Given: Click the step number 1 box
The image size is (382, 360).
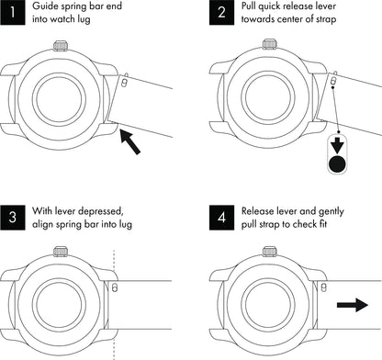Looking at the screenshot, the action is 13,12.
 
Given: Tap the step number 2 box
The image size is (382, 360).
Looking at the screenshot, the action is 222,12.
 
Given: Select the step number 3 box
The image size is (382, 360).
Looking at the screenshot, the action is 13,218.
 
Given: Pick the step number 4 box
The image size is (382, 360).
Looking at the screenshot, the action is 222,218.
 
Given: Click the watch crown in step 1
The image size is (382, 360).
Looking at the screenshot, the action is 61,46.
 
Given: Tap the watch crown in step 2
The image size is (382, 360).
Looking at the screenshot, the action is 270,44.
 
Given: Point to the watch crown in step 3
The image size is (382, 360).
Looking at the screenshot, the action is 61,252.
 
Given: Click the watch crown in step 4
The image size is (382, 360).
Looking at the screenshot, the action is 270,252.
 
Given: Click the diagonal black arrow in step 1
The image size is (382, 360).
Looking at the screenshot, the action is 130,141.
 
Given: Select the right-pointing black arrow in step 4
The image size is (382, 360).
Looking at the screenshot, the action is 353,305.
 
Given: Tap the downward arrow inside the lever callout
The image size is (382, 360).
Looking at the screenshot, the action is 337,145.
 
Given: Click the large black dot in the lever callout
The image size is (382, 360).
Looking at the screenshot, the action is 337,163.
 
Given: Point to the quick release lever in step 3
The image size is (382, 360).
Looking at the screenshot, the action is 115,287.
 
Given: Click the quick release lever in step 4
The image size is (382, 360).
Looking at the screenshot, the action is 324,287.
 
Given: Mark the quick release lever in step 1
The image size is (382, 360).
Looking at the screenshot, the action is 124,83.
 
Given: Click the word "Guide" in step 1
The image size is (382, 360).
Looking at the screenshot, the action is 44,6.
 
